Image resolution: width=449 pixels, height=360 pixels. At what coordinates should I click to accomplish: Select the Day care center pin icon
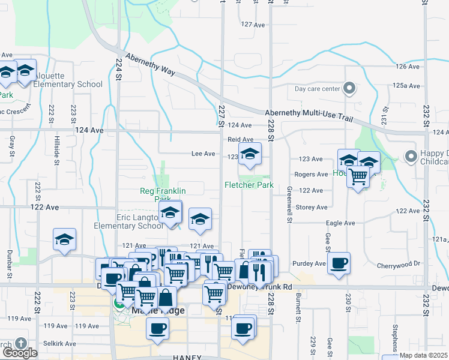coord(351,89)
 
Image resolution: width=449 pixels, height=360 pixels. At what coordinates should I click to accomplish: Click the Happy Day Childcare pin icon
coord(411,157)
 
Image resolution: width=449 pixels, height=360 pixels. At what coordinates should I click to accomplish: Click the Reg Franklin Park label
coord(163,194)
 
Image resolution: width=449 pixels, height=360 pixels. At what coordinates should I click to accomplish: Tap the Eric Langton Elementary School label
coord(128,221)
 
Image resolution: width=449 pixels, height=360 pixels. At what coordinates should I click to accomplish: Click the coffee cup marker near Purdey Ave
coord(339,263)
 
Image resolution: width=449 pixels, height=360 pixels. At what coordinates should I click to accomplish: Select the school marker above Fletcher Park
coord(250,154)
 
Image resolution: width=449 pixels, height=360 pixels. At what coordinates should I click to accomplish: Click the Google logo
coord(19,352)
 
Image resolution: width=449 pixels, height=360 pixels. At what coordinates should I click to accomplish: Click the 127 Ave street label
coord(252,25)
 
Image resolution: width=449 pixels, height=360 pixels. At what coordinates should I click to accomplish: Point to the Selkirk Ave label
coord(62,344)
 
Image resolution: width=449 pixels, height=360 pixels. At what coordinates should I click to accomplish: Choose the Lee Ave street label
coord(203,154)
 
